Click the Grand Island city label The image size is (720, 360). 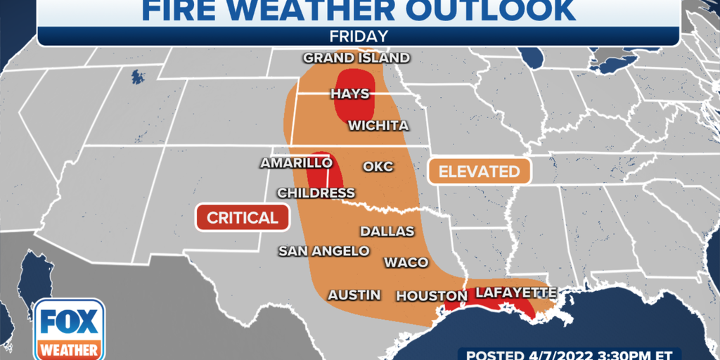tap(356, 58)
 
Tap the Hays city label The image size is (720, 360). tap(349, 94)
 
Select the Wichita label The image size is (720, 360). tap(378, 126)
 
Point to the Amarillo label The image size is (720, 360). tap(296, 162)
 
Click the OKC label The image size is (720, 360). tap(378, 167)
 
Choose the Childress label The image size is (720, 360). tap(316, 193)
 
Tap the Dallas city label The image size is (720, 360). tap(387, 231)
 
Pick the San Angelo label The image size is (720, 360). tap(323, 250)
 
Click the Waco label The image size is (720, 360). tap(406, 262)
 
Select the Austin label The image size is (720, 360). tap(354, 295)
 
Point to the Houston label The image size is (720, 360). tap(431, 296)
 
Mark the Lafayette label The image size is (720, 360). tap(516, 292)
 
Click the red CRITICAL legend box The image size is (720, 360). tap(243, 217)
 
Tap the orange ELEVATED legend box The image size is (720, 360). tap(479, 171)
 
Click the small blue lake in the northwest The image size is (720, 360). tap(134, 76)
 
